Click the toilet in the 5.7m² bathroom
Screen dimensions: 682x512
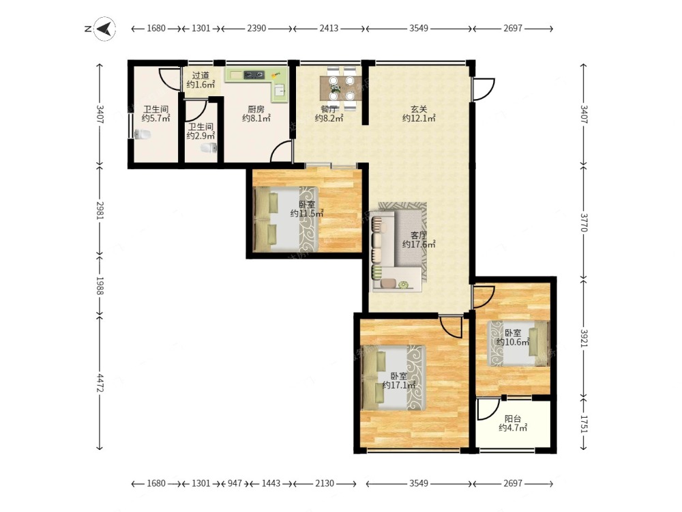tap(143, 134)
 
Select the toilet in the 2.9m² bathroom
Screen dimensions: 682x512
tap(209, 148)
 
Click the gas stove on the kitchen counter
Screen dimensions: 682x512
tap(254, 75)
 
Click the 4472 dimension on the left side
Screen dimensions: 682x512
tap(100, 383)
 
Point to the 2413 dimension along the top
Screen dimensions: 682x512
tap(329, 28)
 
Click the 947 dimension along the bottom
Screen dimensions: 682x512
tap(235, 483)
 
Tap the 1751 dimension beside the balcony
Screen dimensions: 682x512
tap(584, 423)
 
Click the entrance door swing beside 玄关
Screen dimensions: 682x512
tap(484, 89)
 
